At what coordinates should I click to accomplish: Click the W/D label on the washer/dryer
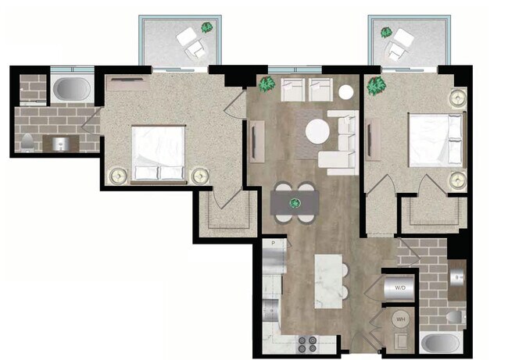(x=400, y=287)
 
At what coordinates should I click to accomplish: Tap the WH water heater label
(x=400, y=319)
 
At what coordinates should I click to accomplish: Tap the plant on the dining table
(x=295, y=203)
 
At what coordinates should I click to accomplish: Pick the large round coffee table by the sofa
(x=317, y=130)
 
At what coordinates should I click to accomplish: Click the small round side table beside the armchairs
(x=345, y=92)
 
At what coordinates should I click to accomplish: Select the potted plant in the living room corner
(x=267, y=83)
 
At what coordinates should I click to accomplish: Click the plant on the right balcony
(x=385, y=32)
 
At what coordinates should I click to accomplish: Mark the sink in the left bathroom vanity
(x=59, y=143)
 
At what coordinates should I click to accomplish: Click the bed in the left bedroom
(x=159, y=152)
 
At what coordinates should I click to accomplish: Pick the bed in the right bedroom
(x=432, y=141)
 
